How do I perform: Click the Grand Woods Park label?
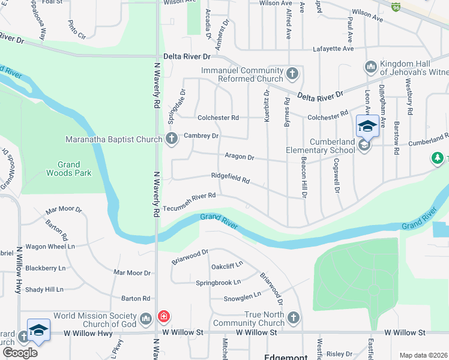[69, 169]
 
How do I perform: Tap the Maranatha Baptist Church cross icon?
[171, 139]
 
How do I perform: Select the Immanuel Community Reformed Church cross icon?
[292, 74]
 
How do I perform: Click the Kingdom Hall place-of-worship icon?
[370, 66]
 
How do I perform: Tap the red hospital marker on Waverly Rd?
[163, 317]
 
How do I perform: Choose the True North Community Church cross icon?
[292, 317]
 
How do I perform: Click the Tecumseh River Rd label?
[189, 196]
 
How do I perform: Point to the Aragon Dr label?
[240, 157]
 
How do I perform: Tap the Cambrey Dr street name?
[201, 136]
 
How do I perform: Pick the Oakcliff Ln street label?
[226, 265]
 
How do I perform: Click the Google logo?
[19, 352]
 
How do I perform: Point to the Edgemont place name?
[286, 356]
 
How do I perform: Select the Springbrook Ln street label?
[218, 282]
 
